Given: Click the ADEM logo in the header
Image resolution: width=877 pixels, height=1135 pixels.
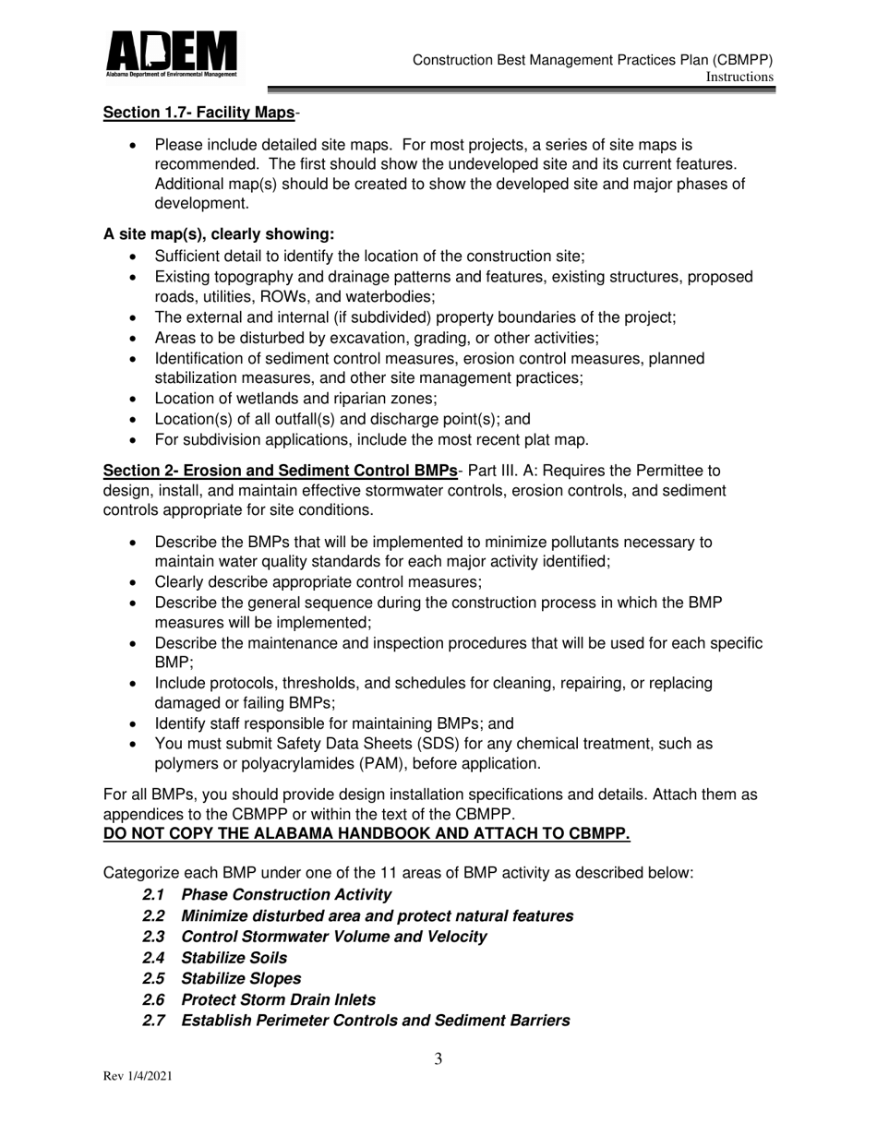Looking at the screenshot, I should point(171,53).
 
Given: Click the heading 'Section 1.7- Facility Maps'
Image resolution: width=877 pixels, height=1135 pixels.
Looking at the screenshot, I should point(199,113).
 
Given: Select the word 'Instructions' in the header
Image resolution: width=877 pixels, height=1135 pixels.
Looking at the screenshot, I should point(739,78).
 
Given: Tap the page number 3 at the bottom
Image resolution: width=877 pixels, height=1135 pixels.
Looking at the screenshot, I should point(438,1059).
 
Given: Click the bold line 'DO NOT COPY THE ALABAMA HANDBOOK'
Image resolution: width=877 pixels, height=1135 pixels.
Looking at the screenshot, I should point(366,834).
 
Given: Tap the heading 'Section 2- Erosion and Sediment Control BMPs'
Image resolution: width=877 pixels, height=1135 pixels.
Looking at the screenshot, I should point(280,471).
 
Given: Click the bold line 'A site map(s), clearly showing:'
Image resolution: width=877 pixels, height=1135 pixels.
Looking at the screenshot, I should point(219,234).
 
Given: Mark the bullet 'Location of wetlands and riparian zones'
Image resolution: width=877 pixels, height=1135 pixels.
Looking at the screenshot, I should point(295,399).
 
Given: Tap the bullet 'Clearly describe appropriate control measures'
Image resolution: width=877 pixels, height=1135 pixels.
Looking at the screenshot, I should point(318,582).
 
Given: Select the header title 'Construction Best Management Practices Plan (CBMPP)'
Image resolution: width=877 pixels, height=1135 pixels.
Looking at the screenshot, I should point(593,60).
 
